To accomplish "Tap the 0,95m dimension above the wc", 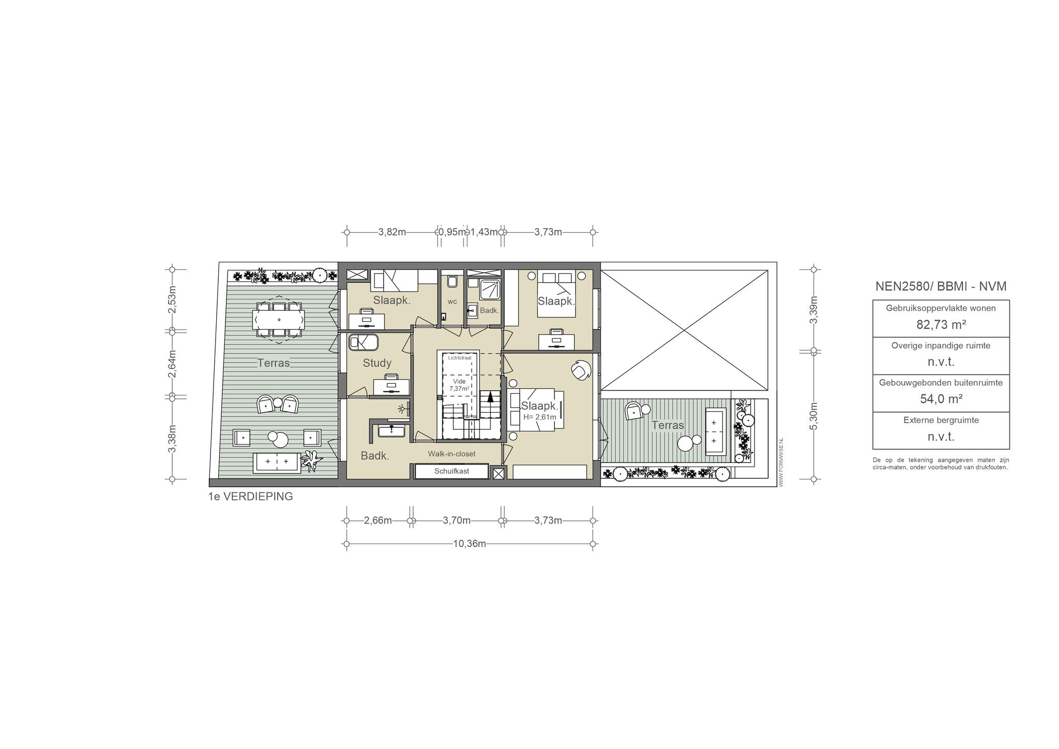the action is tap(452, 232).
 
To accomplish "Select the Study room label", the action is tap(377, 363).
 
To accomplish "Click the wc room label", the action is tap(452, 302).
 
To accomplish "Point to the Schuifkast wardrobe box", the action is tap(452, 471).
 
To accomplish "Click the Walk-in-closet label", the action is tap(451, 454).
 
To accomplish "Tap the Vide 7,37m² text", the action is tap(459, 385).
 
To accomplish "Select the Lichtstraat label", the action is tap(460, 357).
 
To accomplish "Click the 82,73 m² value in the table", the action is tap(941, 324).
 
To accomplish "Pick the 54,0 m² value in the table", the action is tap(941, 399).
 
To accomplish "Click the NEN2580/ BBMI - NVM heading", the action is tap(941, 287).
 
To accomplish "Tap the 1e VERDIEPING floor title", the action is tap(250, 497).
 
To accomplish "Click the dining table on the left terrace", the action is tap(278, 319).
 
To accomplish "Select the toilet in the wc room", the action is tap(452, 281).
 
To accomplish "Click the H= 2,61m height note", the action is tap(540, 417).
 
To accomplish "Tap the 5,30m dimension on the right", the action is tap(814, 416).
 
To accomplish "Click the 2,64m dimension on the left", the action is tap(173, 364).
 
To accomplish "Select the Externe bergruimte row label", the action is tap(941, 420).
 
